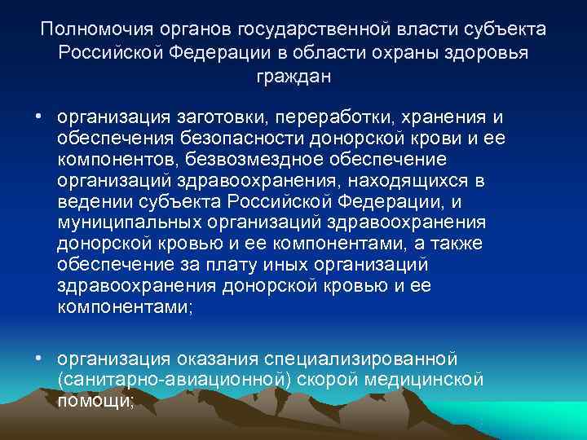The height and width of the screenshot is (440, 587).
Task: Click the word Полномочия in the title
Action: [x=87, y=30]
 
